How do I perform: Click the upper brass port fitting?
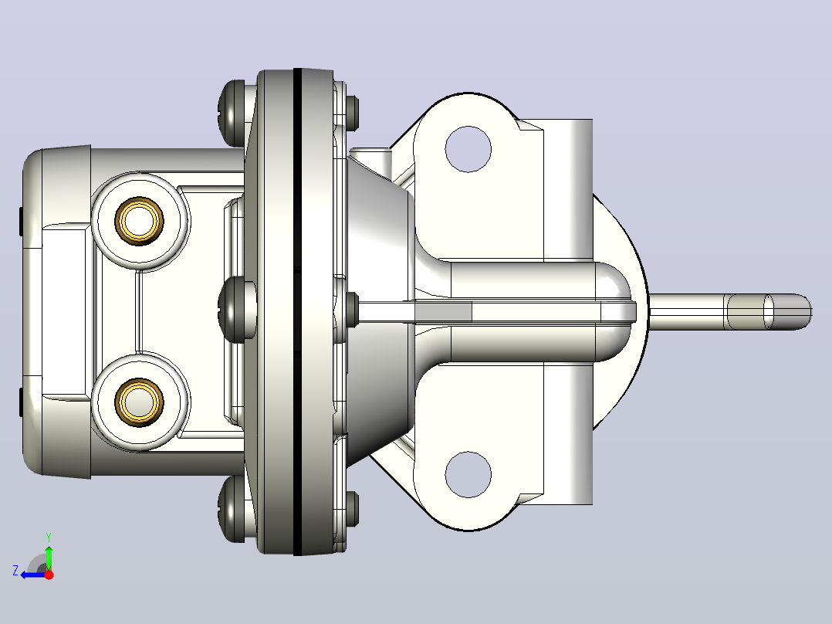tap(139, 221)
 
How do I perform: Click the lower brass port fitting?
tap(139, 402)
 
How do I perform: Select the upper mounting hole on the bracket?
tap(468, 149)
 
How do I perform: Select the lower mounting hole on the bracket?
tap(468, 474)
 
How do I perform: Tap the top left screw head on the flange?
tap(232, 113)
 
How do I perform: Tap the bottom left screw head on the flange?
tap(232, 509)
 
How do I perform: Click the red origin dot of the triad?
tap(49, 575)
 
